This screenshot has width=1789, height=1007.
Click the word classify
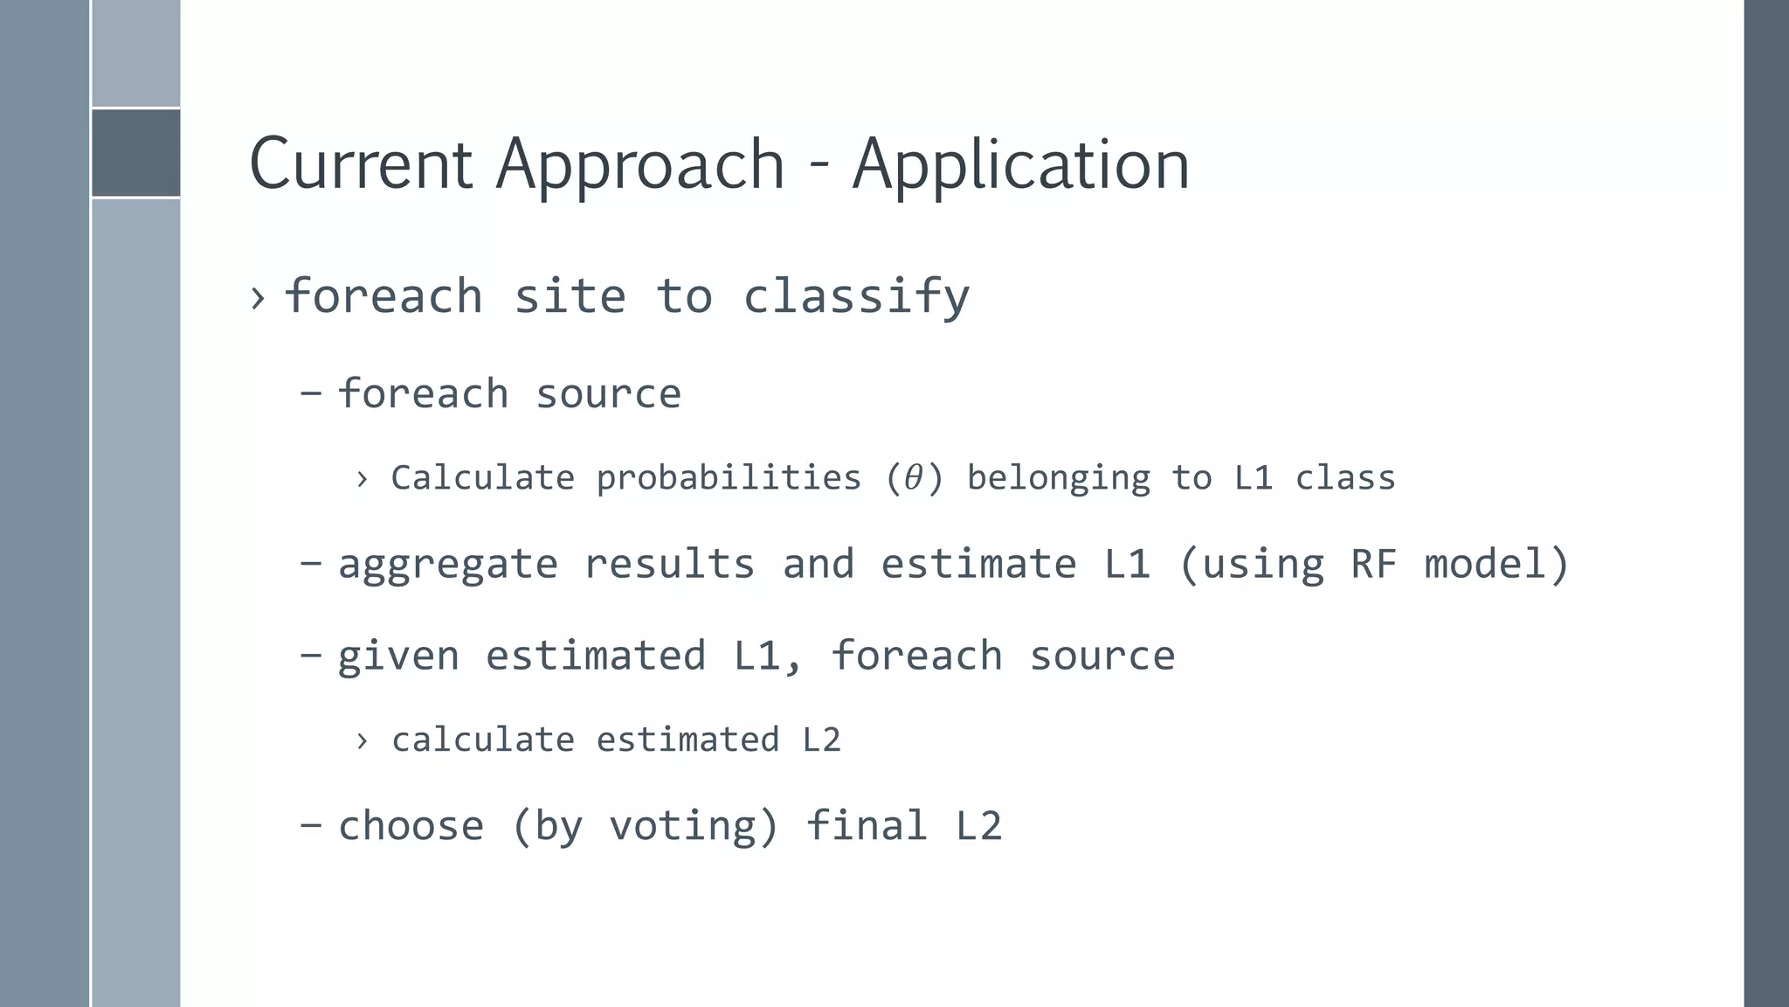[856, 296]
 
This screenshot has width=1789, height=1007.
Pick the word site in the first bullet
[570, 296]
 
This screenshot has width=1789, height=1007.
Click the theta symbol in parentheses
[914, 478]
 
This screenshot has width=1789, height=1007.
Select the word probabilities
[729, 478]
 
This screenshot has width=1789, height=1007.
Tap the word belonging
[1059, 478]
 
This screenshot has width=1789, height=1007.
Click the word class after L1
[1345, 478]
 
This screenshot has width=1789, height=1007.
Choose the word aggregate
[448, 564]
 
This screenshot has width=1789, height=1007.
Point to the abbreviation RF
[1374, 564]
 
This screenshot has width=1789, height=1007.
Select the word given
[398, 656]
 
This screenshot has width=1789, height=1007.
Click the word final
[866, 826]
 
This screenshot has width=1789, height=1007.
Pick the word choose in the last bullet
[411, 826]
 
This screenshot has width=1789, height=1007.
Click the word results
[669, 564]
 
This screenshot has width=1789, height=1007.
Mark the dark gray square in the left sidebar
[135, 153]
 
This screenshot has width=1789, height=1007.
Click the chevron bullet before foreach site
[257, 298]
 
